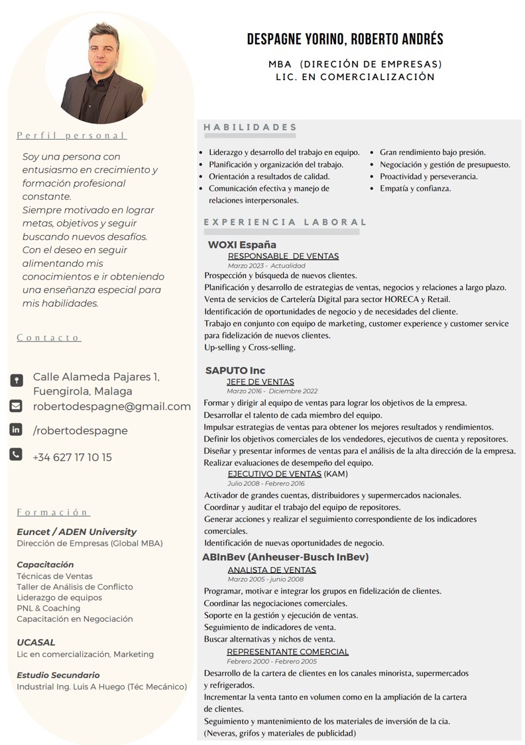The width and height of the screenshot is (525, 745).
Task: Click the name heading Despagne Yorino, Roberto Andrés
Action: (345, 39)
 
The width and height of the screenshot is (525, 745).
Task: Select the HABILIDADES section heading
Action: (250, 127)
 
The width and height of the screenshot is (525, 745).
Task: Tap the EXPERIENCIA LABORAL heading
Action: (285, 223)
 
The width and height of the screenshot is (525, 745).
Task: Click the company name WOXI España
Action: (242, 245)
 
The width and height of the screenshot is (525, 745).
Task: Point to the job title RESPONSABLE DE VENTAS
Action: (283, 256)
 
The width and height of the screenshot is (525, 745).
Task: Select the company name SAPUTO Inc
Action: (235, 370)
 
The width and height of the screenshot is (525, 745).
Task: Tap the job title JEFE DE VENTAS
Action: (260, 381)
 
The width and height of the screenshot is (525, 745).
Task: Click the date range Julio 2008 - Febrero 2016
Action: (266, 483)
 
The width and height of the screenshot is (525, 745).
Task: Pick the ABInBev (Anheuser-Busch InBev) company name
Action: (285, 557)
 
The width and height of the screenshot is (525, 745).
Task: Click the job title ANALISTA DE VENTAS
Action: (272, 570)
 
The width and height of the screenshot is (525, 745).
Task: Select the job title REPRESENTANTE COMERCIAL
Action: (288, 652)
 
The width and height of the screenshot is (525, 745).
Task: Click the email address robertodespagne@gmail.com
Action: (112, 407)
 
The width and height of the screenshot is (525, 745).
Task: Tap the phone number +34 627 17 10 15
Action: (72, 457)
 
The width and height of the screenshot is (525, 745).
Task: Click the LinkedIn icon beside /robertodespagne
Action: (16, 430)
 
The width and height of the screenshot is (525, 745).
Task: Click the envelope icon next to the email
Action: (16, 406)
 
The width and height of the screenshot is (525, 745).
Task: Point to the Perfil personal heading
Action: (72, 136)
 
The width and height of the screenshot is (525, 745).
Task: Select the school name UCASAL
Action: (36, 642)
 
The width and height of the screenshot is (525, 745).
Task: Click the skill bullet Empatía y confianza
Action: (415, 188)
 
